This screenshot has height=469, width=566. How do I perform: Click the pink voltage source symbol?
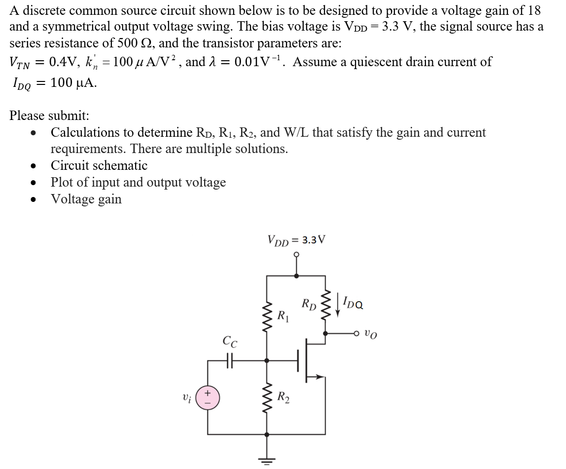pos(208,397)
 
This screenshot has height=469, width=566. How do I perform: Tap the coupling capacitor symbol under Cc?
pos(229,360)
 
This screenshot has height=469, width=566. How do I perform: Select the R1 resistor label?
pos(283,315)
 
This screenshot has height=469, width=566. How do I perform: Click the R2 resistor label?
pos(283,396)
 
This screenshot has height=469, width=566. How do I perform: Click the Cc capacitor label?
pos(229,341)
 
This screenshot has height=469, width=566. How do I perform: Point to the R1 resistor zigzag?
pos(267,316)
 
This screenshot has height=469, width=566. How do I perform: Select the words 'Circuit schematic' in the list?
pos(99,165)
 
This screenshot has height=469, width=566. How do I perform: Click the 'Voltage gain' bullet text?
pos(86,199)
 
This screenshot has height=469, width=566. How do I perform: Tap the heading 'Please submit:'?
pos(49,116)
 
